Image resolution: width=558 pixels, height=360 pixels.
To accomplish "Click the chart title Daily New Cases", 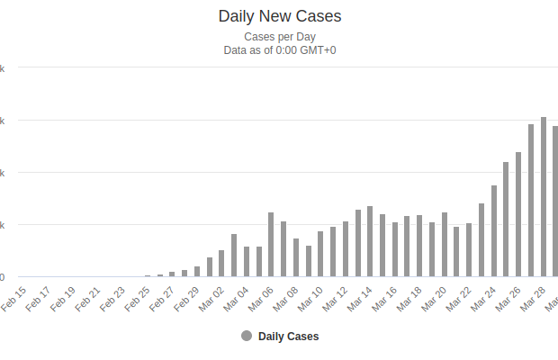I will [x=279, y=16].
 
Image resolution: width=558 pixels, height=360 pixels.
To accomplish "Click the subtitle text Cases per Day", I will [x=279, y=37].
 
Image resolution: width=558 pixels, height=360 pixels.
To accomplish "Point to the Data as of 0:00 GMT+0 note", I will [x=279, y=50].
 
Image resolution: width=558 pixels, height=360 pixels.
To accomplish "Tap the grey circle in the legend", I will [x=247, y=336].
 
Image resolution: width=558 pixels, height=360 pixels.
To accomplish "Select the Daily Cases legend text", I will [x=288, y=337].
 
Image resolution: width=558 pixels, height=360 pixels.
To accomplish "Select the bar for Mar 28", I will [x=544, y=197].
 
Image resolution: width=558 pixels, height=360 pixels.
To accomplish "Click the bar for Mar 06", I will [x=271, y=245].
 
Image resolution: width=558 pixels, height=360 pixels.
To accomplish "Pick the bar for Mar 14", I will [x=370, y=241].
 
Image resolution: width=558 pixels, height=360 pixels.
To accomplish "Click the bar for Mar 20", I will [x=445, y=245].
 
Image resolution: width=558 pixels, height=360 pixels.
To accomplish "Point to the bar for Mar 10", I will [x=320, y=254].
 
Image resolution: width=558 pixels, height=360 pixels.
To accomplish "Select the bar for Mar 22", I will [x=469, y=250].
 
